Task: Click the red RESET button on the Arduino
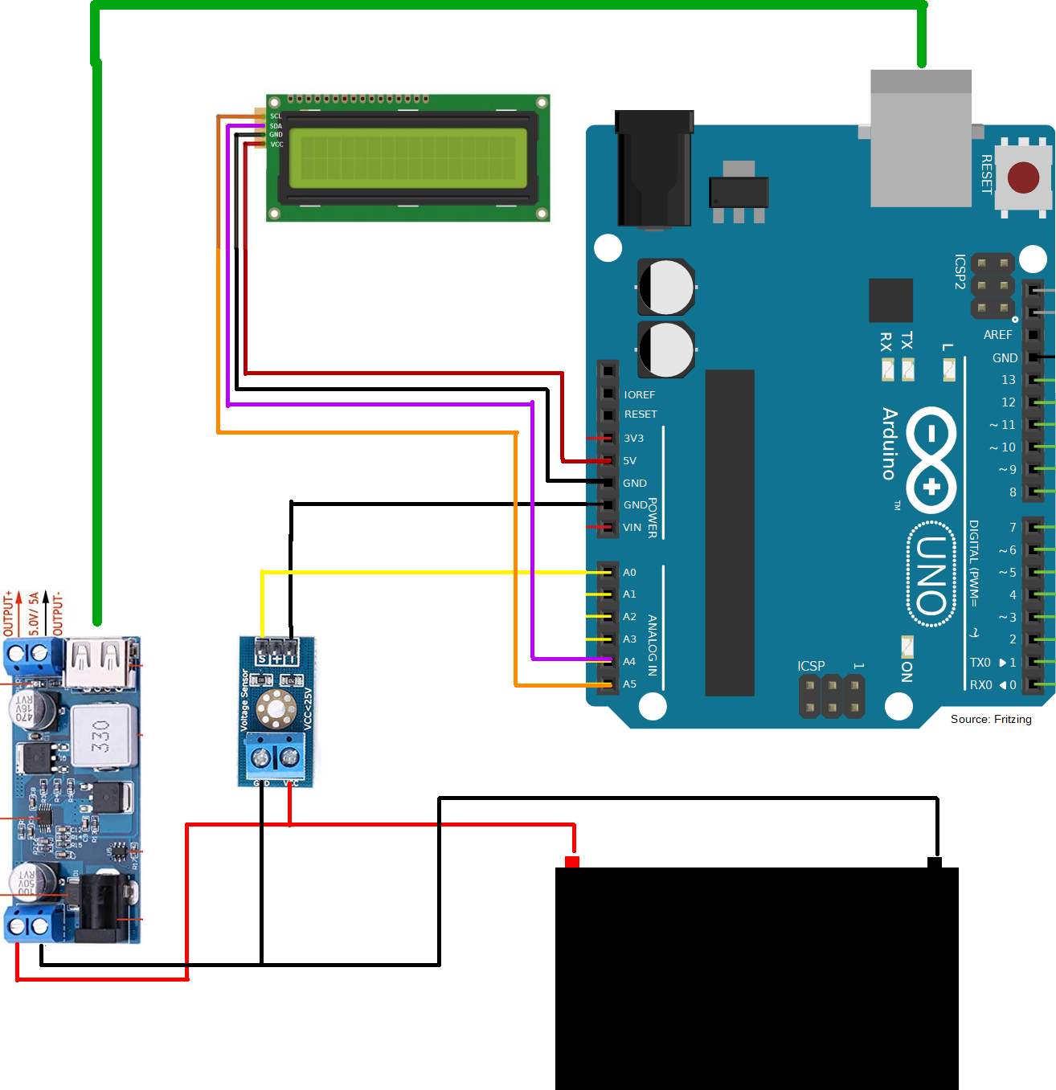pyautogui.click(x=1023, y=178)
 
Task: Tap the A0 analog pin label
pyautogui.click(x=629, y=573)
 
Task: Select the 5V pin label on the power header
pyautogui.click(x=629, y=461)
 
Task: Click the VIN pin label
pyautogui.click(x=632, y=528)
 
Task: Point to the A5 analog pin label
pyautogui.click(x=629, y=684)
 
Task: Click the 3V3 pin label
pyautogui.click(x=633, y=439)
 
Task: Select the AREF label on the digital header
pyautogui.click(x=997, y=335)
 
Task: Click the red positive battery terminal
pyautogui.click(x=572, y=862)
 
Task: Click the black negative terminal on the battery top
pyautogui.click(x=935, y=862)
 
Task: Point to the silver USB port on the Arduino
pyautogui.click(x=921, y=138)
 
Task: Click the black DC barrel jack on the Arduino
pyautogui.click(x=654, y=169)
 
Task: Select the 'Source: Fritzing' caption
pyautogui.click(x=990, y=719)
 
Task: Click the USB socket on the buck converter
pyautogui.click(x=100, y=662)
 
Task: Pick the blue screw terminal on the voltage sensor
pyautogui.click(x=275, y=755)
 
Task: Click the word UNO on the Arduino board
pyautogui.click(x=931, y=574)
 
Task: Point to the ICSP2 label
pyautogui.click(x=960, y=271)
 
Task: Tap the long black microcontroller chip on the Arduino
pyautogui.click(x=730, y=533)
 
